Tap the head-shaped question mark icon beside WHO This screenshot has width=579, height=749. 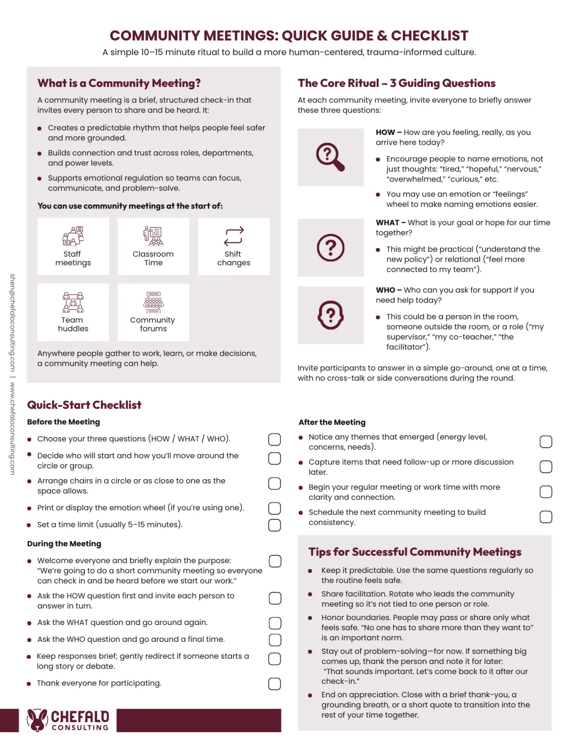tap(331, 315)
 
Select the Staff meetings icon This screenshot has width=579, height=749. tap(73, 236)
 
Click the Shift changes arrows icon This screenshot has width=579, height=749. tap(234, 236)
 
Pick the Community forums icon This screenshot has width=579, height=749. tap(153, 303)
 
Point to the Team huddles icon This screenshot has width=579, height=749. tap(73, 303)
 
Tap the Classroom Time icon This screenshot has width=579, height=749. tap(153, 236)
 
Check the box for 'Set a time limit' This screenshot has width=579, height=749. tap(275, 525)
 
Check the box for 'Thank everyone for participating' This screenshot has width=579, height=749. tap(275, 684)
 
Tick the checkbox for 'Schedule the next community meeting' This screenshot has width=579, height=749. tap(546, 517)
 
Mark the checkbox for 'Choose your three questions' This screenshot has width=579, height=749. tap(275, 439)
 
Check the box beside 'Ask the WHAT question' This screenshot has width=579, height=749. tap(275, 623)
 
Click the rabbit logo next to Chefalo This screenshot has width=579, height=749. tap(37, 720)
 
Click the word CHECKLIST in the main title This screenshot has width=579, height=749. tap(429, 36)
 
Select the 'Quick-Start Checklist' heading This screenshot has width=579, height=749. tap(84, 405)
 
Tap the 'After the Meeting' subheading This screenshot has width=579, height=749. tap(332, 422)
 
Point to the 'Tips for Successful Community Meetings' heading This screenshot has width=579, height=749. tap(415, 552)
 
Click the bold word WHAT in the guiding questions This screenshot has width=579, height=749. tap(387, 222)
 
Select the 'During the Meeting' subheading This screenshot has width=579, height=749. tap(64, 543)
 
